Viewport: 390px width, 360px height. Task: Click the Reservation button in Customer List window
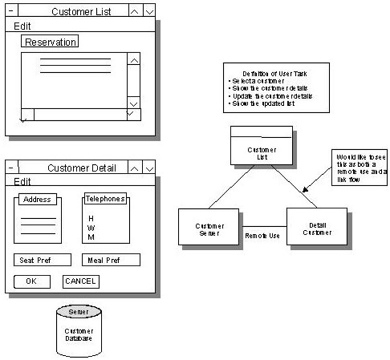[x=50, y=42]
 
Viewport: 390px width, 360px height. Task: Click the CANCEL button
[x=80, y=281]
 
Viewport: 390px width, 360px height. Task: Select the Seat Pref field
[x=43, y=260]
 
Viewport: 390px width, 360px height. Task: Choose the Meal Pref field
[x=110, y=260]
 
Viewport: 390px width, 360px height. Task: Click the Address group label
[x=37, y=200]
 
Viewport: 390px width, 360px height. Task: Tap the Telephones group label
[x=106, y=199]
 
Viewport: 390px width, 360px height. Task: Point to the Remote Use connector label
[x=262, y=236]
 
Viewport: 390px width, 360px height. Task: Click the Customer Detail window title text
[x=82, y=168]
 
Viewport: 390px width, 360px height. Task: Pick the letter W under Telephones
[x=91, y=229]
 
